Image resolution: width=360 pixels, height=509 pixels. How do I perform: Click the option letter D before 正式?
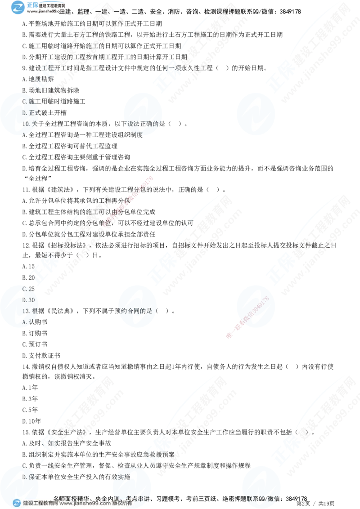24,112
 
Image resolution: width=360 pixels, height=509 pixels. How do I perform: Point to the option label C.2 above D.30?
26,289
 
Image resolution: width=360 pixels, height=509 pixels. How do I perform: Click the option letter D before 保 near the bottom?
24,477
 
